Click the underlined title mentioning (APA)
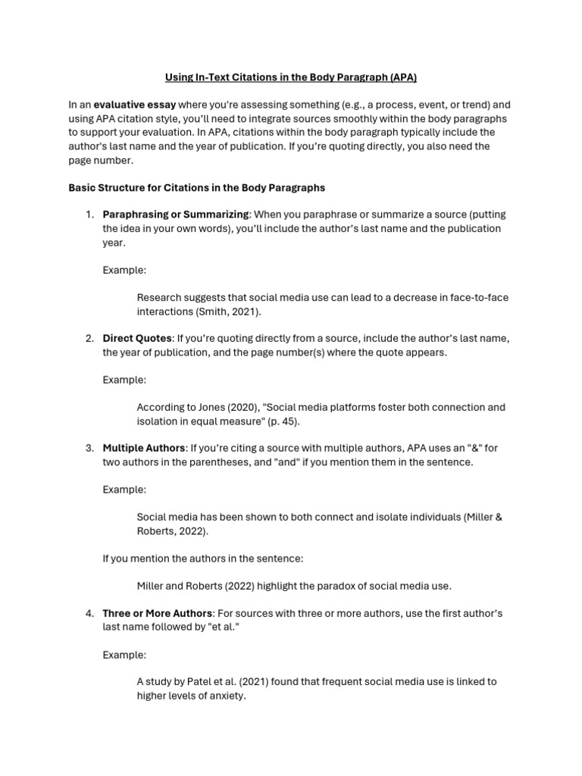(291, 77)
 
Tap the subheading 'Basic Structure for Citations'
(196, 187)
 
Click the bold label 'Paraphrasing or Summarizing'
(176, 214)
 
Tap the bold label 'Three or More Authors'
(158, 612)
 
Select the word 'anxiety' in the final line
(225, 695)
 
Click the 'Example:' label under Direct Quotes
(124, 379)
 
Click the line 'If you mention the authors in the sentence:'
(202, 559)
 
